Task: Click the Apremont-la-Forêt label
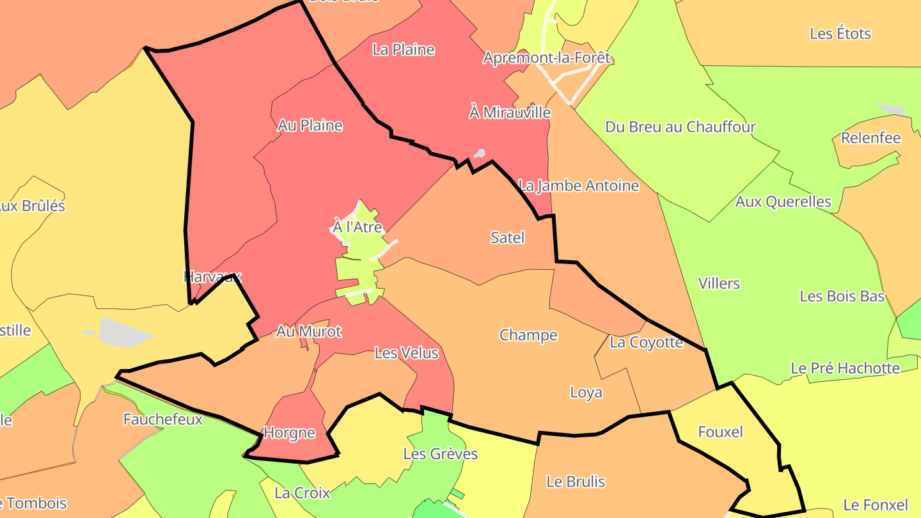point(547,58)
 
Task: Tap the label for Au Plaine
point(310,125)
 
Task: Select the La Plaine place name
point(404,49)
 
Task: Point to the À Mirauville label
point(510,113)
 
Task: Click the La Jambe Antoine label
point(579,186)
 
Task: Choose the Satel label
point(507,238)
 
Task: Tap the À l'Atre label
point(358,226)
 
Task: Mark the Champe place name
point(528,335)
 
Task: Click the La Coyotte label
point(646,342)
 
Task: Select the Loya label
point(586,392)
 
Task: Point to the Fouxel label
point(720,432)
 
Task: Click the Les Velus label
point(406,352)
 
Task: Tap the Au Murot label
point(309,331)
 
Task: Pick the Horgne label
point(290,433)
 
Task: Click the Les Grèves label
point(441,454)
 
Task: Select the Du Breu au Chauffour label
point(681,127)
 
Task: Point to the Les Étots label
point(840,33)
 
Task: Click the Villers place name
point(719,283)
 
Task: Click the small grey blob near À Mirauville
point(479,153)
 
